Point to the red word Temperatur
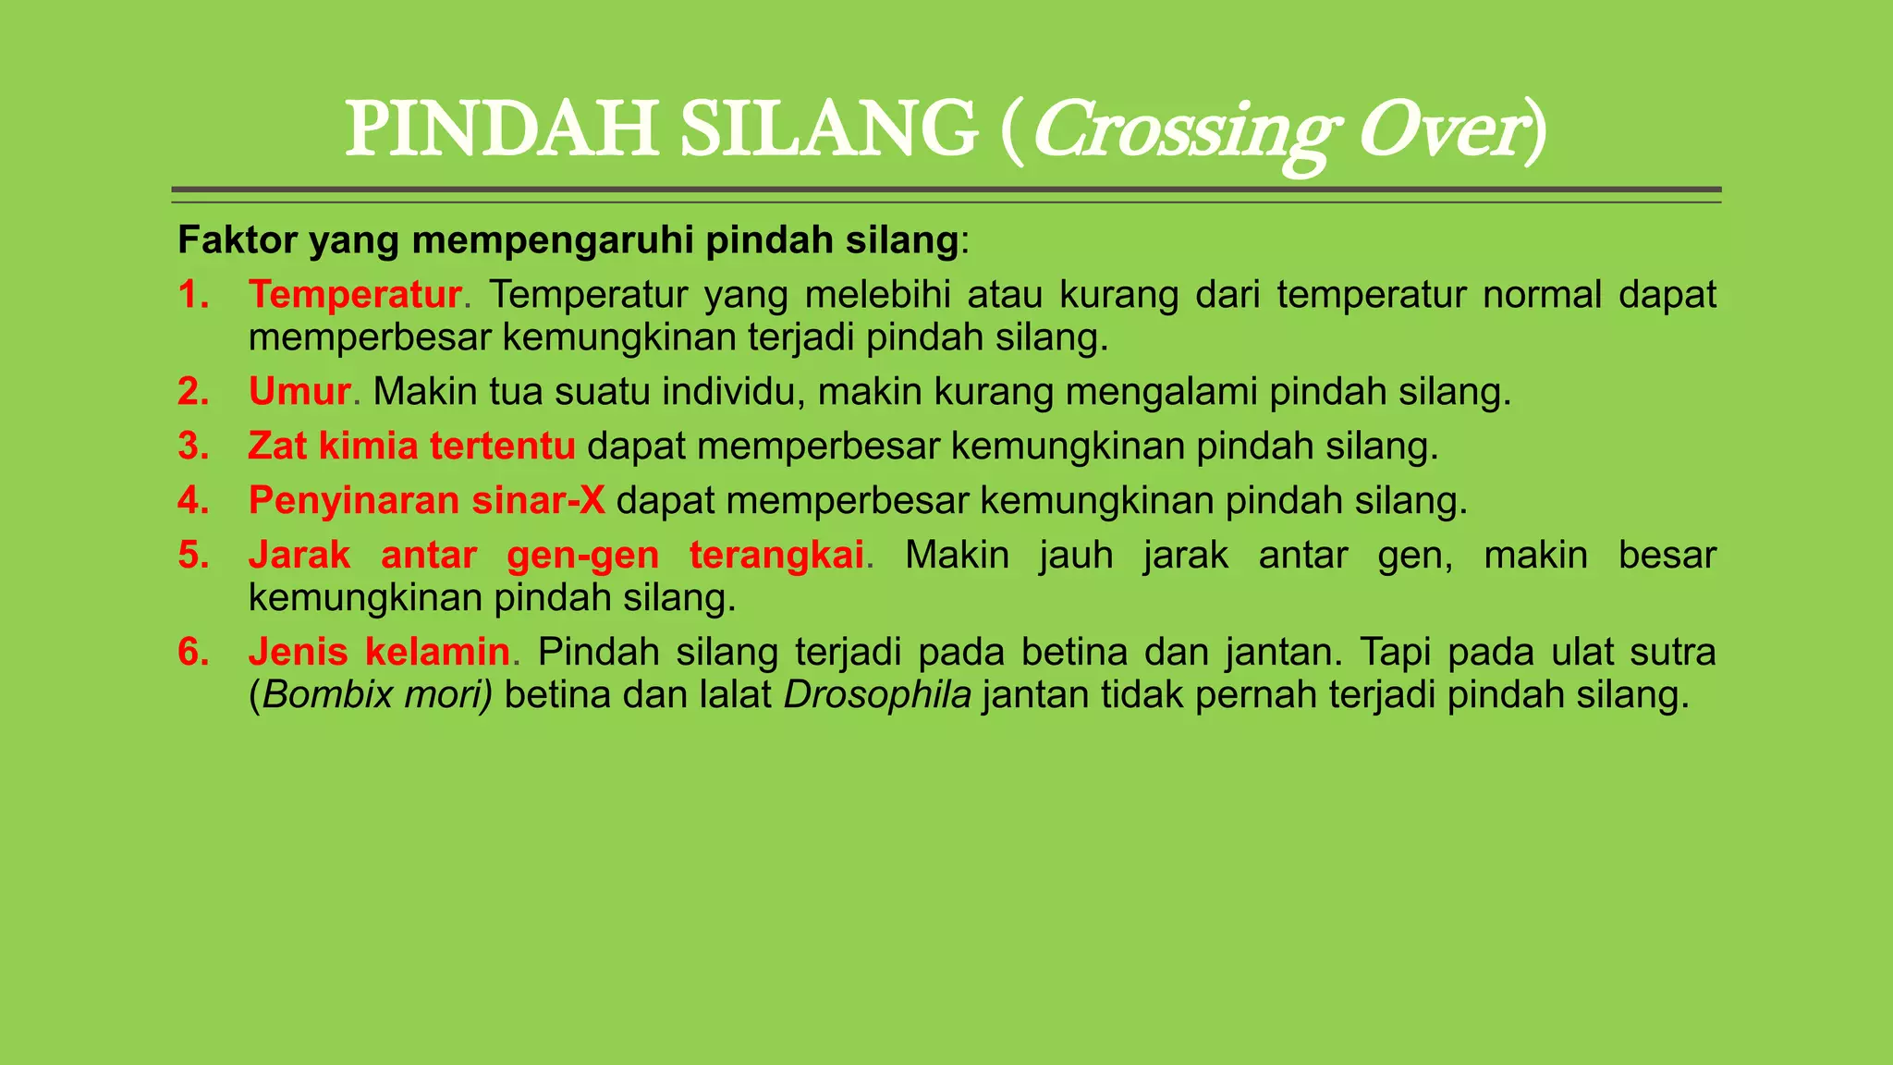[355, 295]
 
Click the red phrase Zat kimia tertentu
[411, 447]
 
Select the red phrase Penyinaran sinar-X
[426, 501]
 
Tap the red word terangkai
[776, 556]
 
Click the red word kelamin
[437, 653]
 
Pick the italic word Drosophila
[877, 695]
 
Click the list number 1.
[192, 295]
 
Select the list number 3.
[192, 447]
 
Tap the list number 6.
[192, 653]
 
